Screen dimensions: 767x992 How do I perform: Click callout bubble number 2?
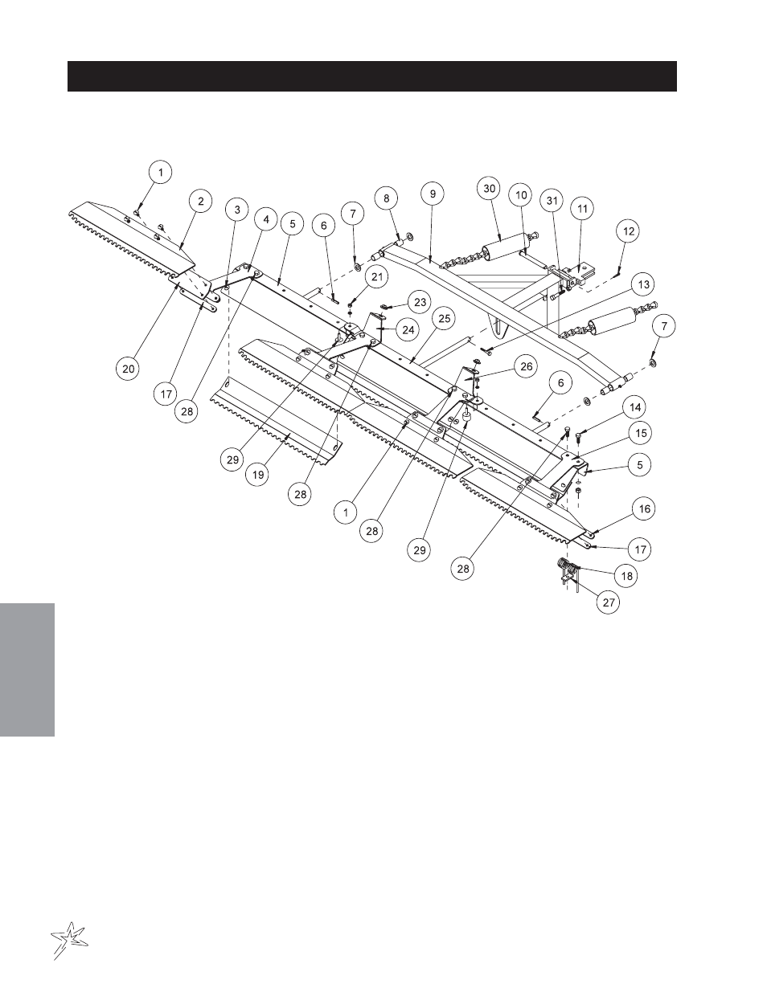pyautogui.click(x=201, y=201)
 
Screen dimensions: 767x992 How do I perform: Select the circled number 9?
pyautogui.click(x=433, y=194)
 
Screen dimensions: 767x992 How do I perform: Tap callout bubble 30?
pyautogui.click(x=489, y=189)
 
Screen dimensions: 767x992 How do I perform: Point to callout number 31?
pyautogui.click(x=552, y=201)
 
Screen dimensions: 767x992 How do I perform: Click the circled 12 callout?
pyautogui.click(x=629, y=231)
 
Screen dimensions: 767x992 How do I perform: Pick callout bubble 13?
pyautogui.click(x=643, y=284)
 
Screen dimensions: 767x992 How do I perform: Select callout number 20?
pyautogui.click(x=129, y=369)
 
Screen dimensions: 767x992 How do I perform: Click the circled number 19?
pyautogui.click(x=257, y=475)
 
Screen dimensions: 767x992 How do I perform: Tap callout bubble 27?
pyautogui.click(x=609, y=602)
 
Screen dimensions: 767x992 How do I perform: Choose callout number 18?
pyautogui.click(x=627, y=576)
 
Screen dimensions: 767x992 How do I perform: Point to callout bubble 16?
pyautogui.click(x=644, y=508)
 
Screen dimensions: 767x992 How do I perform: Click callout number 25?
pyautogui.click(x=444, y=319)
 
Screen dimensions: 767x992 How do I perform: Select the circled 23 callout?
pyautogui.click(x=420, y=302)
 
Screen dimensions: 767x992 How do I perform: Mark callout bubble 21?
pyautogui.click(x=377, y=277)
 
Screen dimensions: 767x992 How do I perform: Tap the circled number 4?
pyautogui.click(x=266, y=219)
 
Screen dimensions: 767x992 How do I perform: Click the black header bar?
pyautogui.click(x=372, y=76)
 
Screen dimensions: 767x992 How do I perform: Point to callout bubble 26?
pyautogui.click(x=527, y=366)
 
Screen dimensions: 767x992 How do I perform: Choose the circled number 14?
pyautogui.click(x=635, y=408)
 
